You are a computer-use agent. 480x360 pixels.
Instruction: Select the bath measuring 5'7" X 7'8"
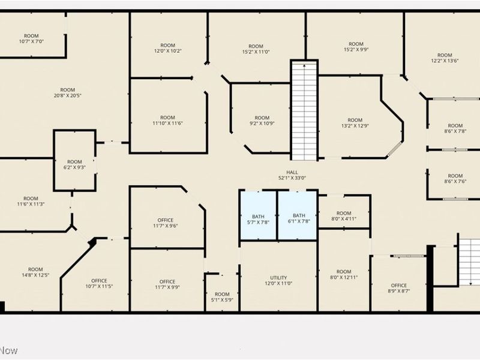click(x=258, y=218)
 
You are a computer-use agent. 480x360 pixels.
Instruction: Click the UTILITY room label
click(x=278, y=281)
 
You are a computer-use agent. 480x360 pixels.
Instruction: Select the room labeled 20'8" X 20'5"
click(x=67, y=92)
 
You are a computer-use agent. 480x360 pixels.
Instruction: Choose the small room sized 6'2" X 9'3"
click(x=74, y=164)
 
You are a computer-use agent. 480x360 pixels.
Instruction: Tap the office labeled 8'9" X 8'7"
click(x=398, y=288)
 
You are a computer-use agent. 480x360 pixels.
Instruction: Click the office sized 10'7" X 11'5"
click(x=99, y=284)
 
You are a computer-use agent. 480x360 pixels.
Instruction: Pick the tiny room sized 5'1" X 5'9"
click(x=222, y=296)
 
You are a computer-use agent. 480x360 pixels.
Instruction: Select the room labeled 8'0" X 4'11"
click(x=344, y=216)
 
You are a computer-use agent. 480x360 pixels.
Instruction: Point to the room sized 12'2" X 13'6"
click(x=444, y=58)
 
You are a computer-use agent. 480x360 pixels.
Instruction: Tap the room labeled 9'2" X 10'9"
click(x=262, y=121)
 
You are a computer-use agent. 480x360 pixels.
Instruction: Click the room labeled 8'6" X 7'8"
click(x=455, y=128)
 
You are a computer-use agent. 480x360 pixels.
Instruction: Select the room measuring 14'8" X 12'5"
click(x=35, y=272)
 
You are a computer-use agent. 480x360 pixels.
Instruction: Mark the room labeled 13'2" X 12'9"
click(x=355, y=123)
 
